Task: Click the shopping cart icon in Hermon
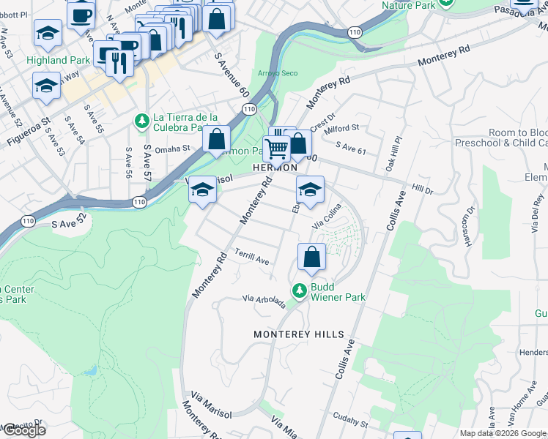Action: pyautogui.click(x=276, y=149)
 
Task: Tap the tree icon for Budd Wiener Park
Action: pyautogui.click(x=299, y=291)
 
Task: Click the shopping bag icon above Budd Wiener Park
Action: pyautogui.click(x=311, y=258)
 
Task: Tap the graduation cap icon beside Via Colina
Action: pyautogui.click(x=310, y=190)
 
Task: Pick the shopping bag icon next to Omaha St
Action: pyautogui.click(x=217, y=139)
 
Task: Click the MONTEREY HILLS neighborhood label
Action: pyautogui.click(x=298, y=334)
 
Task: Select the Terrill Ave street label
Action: pyautogui.click(x=252, y=258)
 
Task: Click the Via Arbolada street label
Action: pyautogui.click(x=264, y=301)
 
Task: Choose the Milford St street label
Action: pyautogui.click(x=342, y=127)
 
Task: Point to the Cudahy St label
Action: pyautogui.click(x=349, y=421)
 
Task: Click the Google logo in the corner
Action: pyautogui.click(x=24, y=430)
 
